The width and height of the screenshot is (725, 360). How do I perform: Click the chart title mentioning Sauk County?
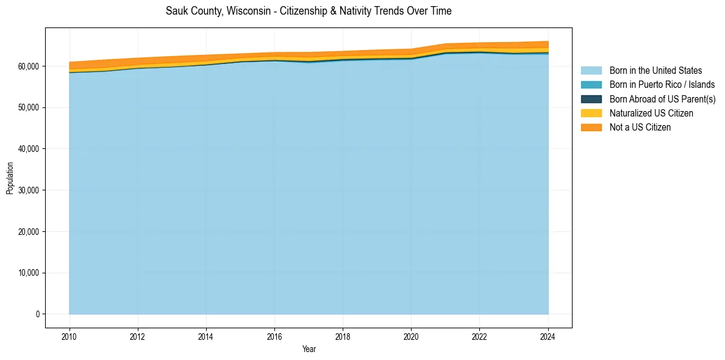309,11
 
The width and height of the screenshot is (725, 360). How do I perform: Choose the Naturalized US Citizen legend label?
651,113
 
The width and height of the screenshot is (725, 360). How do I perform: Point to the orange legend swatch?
591,128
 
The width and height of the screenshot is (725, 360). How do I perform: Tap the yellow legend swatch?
591,113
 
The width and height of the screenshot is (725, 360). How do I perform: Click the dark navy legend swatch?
591,99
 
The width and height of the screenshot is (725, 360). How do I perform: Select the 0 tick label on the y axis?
38,314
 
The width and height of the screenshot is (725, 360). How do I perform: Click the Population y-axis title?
10,178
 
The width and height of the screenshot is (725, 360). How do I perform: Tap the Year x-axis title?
309,349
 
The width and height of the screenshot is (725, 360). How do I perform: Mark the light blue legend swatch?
591,71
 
